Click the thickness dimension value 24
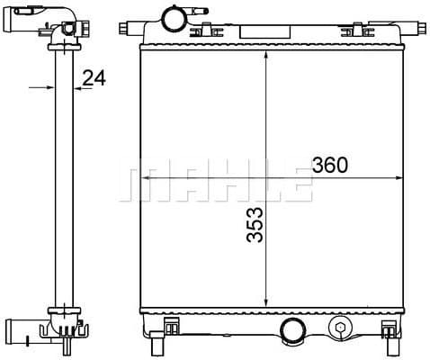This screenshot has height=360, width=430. point(94,78)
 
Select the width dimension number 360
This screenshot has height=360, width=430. point(330,166)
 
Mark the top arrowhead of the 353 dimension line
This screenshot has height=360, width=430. point(265,57)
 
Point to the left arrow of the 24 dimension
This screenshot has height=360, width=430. point(46,88)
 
